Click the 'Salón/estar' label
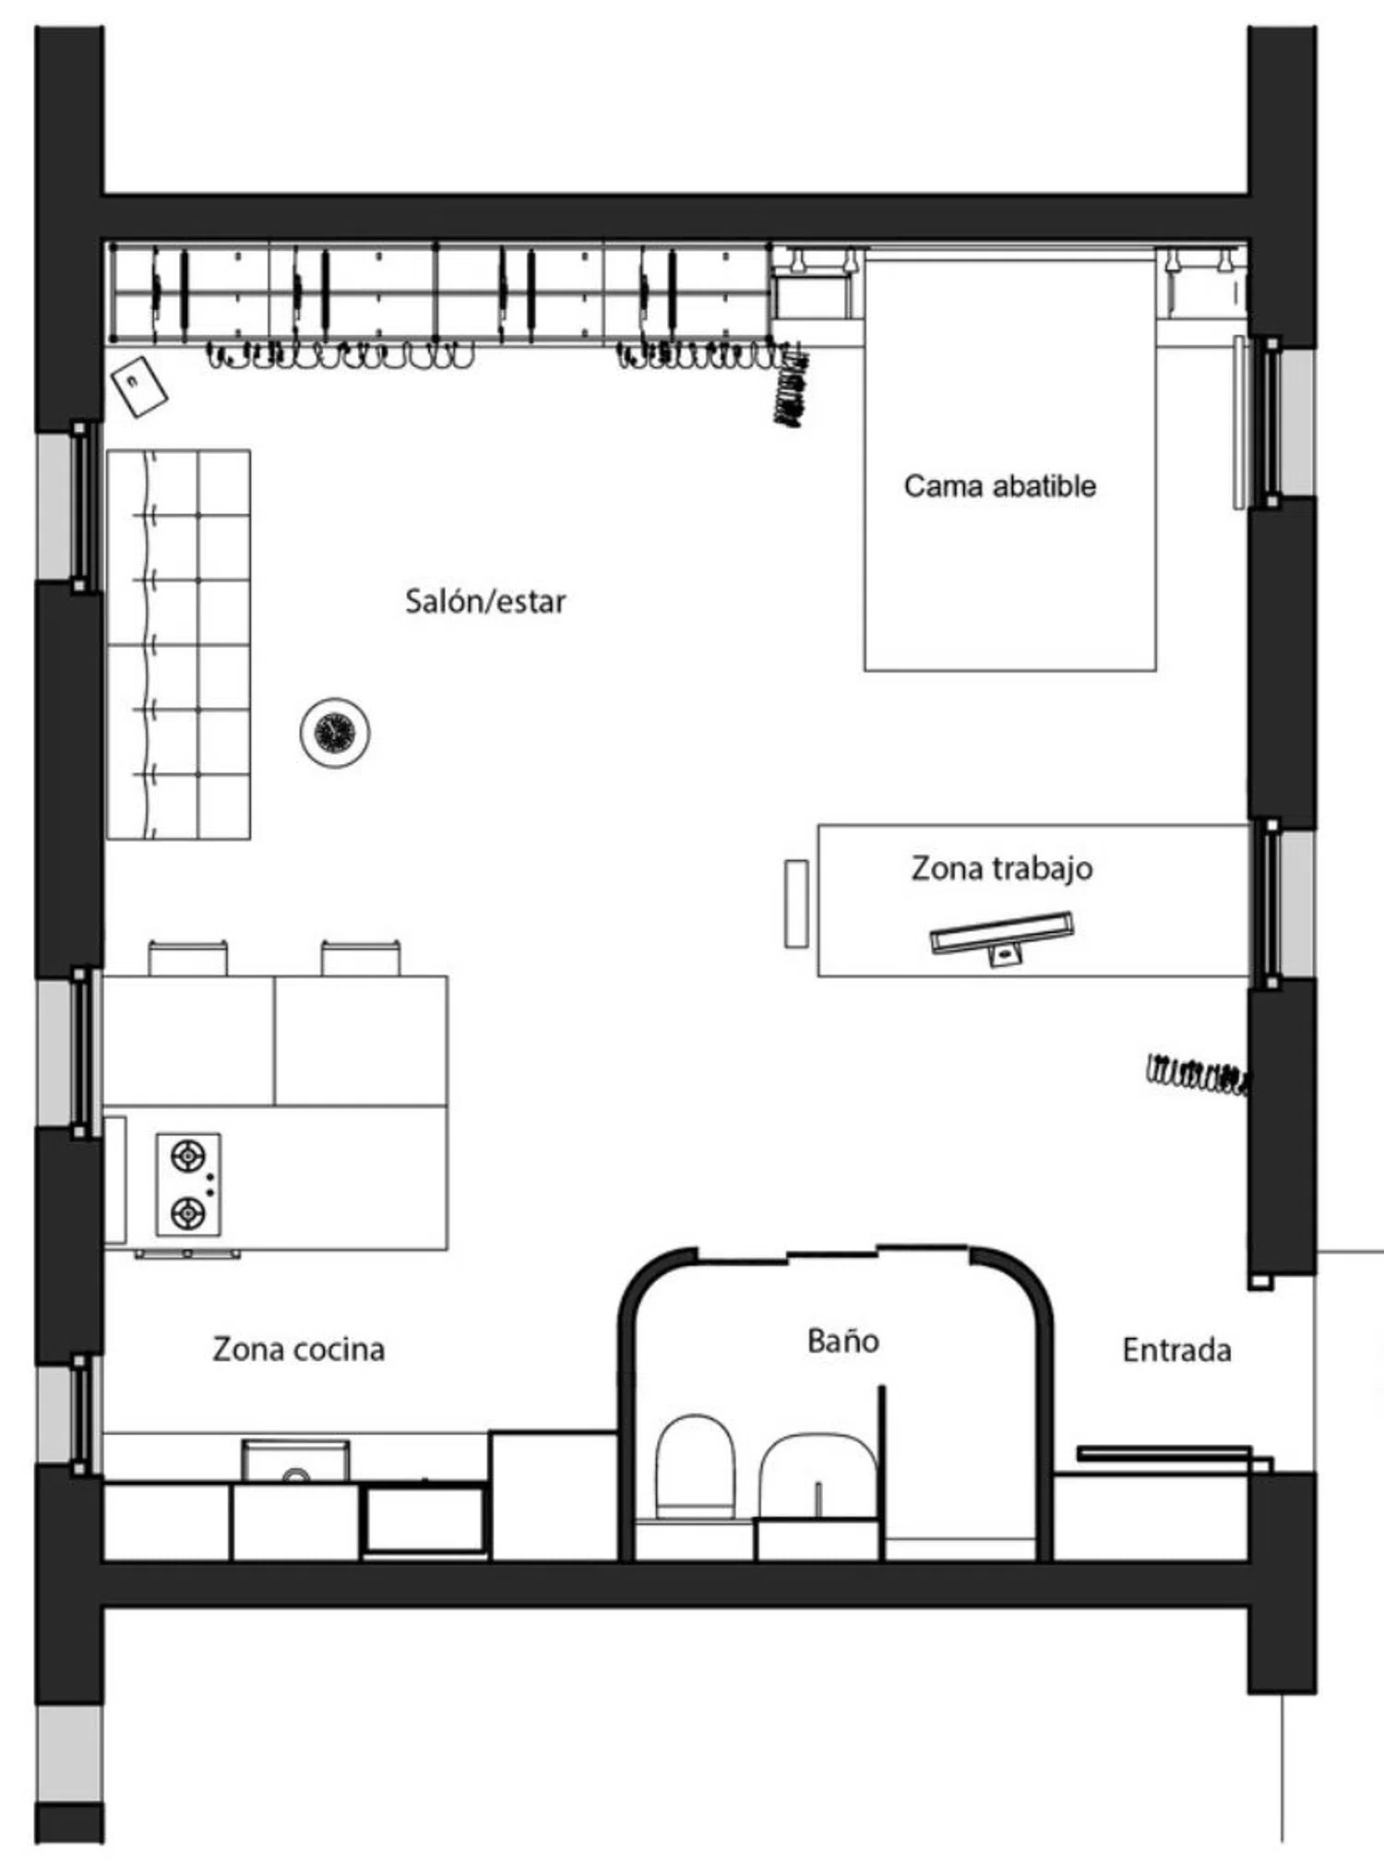coord(485,602)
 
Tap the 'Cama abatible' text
coord(1000,485)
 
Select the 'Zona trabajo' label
coord(1002,868)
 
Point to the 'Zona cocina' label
coord(299,1349)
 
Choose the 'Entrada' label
coord(1176,1350)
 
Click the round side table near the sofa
coord(335,733)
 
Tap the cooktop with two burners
coord(188,1184)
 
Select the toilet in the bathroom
coord(695,1466)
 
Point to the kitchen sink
coord(295,1461)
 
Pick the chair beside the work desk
coord(796,903)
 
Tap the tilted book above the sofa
coord(139,387)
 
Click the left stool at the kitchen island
coord(188,958)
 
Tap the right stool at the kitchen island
coord(361,958)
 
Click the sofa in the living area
coord(178,645)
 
